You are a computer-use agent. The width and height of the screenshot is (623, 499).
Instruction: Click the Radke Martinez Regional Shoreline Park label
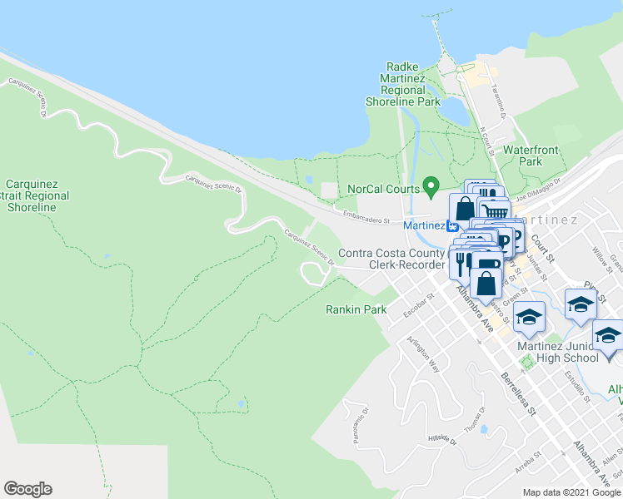tap(402, 84)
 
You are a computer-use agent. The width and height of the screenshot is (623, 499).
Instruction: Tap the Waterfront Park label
tap(531, 156)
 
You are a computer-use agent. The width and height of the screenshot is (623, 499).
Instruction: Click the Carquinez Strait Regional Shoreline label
tap(37, 195)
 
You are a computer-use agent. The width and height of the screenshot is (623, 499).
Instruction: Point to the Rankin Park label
tap(356, 309)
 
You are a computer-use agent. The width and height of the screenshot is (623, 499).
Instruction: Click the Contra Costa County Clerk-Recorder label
tap(391, 259)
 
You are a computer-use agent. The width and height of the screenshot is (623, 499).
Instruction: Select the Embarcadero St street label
tap(368, 217)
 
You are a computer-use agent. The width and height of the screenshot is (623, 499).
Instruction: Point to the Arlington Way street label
tap(422, 353)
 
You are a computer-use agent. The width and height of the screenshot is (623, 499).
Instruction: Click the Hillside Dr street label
tap(443, 440)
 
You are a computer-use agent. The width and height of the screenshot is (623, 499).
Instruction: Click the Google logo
tap(27, 489)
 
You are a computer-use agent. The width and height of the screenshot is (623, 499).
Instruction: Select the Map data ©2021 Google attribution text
tap(571, 492)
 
